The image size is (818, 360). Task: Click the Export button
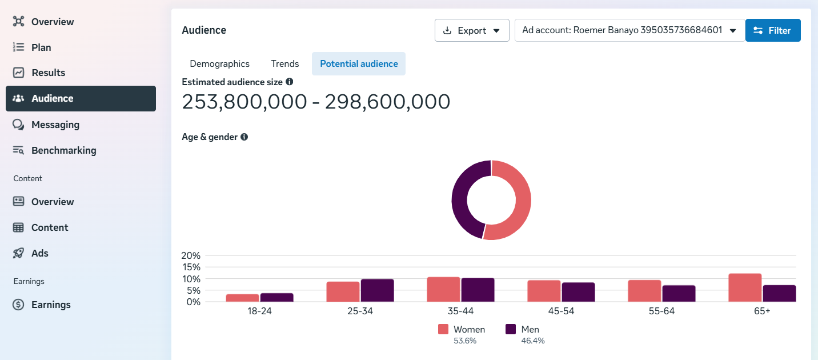point(472,30)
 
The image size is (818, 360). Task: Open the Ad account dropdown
point(629,30)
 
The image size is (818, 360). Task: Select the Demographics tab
point(219,63)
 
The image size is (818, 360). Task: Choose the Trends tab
point(285,63)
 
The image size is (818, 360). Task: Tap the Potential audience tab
point(359,63)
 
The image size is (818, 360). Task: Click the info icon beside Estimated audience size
point(290,82)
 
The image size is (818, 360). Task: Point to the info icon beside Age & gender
point(244,137)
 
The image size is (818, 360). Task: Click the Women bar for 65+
point(745,287)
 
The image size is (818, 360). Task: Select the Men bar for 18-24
point(277,298)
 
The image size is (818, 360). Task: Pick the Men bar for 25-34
point(377,290)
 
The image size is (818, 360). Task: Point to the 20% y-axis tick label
point(191,255)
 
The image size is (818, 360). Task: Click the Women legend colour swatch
point(443,329)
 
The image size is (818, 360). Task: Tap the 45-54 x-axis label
point(561,311)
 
